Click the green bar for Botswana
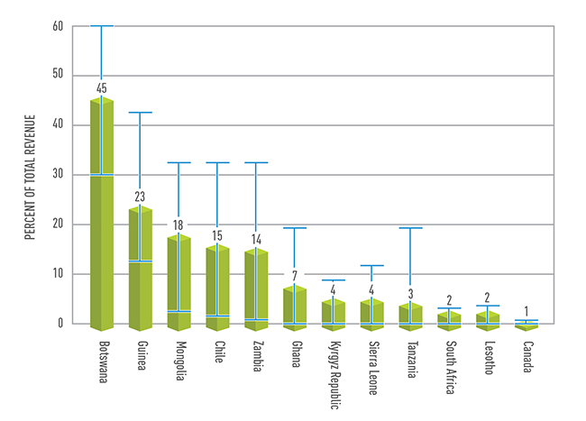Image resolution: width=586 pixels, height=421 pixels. click(101, 216)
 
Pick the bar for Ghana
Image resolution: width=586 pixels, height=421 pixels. click(295, 307)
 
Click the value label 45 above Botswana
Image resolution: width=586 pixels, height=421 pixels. click(101, 87)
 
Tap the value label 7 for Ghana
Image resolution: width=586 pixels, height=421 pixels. click(295, 275)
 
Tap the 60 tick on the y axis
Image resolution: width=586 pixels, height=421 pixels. click(59, 26)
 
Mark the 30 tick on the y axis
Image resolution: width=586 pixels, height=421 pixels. click(59, 175)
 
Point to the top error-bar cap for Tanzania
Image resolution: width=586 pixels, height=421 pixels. click(410, 228)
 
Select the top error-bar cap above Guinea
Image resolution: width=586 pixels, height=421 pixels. click(140, 113)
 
